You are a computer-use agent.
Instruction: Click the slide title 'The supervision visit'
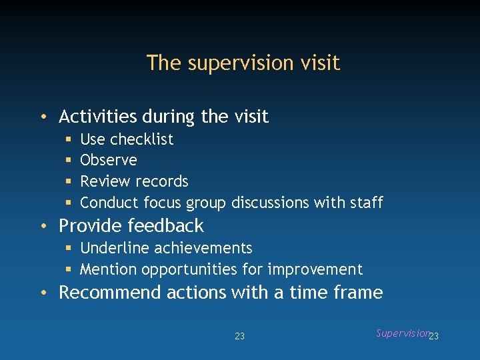point(243,63)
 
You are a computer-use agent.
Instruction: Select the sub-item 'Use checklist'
point(127,139)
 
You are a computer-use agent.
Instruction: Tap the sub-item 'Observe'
point(108,160)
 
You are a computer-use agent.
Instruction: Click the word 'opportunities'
point(189,270)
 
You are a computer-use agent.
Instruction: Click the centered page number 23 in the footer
point(239,336)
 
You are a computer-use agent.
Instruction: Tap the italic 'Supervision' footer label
point(401,333)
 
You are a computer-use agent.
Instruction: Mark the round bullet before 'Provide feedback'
point(43,226)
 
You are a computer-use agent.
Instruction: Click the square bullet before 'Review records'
point(69,181)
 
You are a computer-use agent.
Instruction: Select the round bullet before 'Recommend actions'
point(43,293)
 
